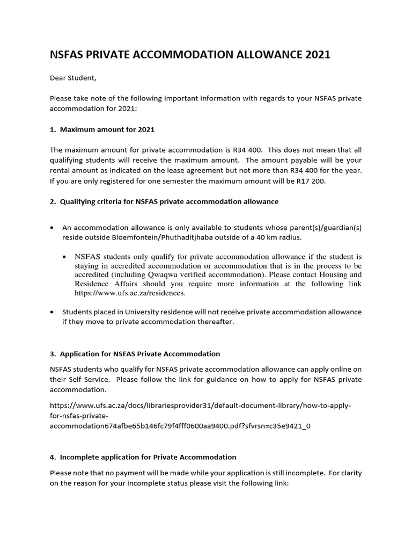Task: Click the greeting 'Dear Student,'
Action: (x=73, y=78)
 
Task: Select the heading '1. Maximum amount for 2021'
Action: (x=102, y=129)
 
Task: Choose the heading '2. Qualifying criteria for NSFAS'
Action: (x=164, y=201)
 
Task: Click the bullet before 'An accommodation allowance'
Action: (x=52, y=228)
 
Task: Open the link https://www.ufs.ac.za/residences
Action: (x=130, y=293)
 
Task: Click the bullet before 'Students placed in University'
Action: (x=52, y=312)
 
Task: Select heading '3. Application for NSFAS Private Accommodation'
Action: (x=135, y=354)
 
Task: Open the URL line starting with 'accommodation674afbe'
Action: (x=180, y=426)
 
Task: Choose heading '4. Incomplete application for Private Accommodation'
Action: (x=143, y=457)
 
